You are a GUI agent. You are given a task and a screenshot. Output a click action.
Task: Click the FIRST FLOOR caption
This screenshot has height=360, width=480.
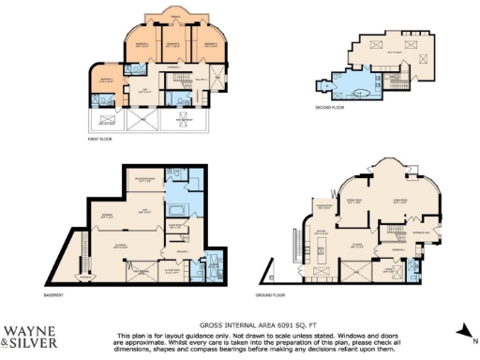click(100, 139)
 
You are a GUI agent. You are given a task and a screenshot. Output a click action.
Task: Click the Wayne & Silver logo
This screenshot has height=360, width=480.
click(30, 335)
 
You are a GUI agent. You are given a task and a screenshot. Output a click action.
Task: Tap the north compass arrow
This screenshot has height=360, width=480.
click(463, 330)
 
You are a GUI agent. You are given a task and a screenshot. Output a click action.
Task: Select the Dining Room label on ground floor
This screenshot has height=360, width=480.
click(354, 199)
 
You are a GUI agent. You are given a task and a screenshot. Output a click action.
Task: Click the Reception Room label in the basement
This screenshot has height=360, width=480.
click(145, 178)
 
